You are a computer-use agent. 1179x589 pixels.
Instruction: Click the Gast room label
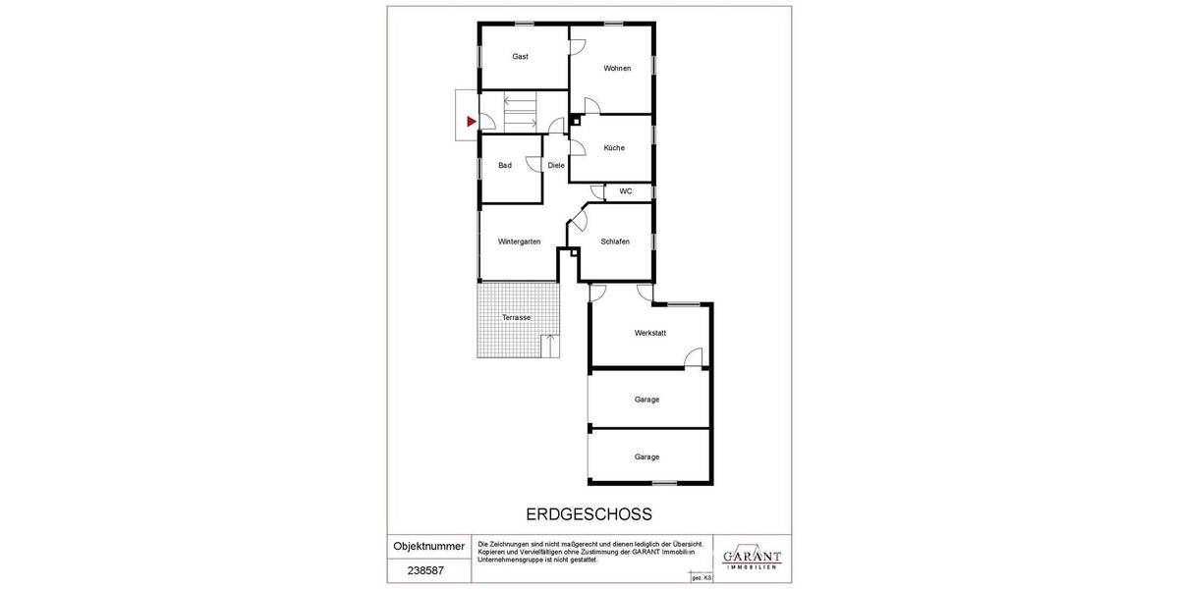pos(521,57)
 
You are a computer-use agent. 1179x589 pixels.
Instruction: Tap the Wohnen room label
pos(617,69)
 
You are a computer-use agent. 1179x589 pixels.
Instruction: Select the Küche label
pos(614,148)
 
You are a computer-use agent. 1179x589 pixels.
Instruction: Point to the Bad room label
pos(505,166)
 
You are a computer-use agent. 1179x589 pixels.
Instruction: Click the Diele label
pos(556,166)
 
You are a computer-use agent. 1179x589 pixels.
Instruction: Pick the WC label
pos(626,191)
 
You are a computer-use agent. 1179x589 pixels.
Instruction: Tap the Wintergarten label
pos(520,241)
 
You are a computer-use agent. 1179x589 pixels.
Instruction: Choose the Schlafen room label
pos(615,241)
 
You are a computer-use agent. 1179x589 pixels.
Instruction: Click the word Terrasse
pos(517,318)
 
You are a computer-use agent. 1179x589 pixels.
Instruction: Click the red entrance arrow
pos(472,122)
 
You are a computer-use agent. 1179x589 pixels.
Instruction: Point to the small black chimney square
pos(575,121)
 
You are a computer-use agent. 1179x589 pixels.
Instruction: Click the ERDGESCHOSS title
pos(589,514)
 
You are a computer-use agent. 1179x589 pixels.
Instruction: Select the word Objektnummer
pos(428,547)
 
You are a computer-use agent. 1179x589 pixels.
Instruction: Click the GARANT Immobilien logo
pos(752,557)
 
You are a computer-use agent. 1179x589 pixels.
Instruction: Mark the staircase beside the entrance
pos(520,112)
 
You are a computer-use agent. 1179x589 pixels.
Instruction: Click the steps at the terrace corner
pos(550,346)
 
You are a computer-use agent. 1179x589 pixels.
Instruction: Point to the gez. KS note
pos(701,579)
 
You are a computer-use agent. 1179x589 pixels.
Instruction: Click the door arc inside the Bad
pos(534,163)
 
